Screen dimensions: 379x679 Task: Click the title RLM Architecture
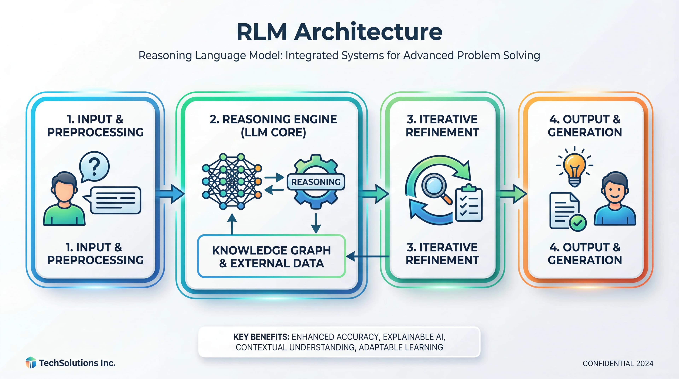(x=339, y=32)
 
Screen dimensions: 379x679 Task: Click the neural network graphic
(x=232, y=181)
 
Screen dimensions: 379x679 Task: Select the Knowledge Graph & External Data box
(x=271, y=256)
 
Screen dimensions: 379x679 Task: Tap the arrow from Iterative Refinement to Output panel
(x=513, y=194)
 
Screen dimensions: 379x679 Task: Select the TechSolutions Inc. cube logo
(x=31, y=363)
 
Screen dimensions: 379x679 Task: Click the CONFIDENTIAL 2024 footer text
(x=618, y=363)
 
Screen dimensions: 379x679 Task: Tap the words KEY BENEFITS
(x=261, y=337)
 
